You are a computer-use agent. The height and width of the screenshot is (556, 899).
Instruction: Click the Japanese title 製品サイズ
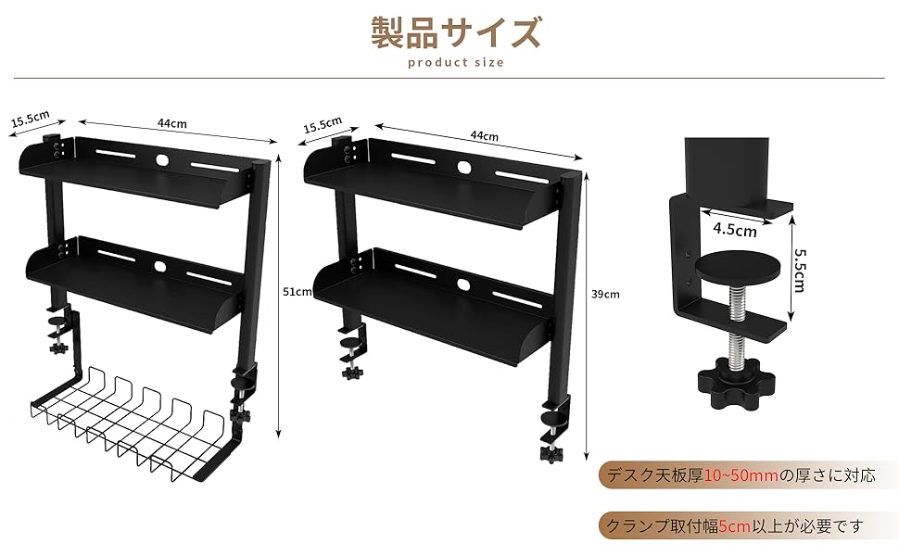coord(455,33)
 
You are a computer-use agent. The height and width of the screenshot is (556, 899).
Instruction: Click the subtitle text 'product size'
coord(455,63)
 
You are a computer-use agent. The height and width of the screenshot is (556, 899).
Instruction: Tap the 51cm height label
coord(298,291)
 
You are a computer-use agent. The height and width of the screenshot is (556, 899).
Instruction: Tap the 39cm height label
coord(604,294)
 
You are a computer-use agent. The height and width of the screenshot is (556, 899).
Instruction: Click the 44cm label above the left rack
coord(172,123)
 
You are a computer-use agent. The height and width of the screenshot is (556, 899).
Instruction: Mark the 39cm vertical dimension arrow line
coord(588,315)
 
